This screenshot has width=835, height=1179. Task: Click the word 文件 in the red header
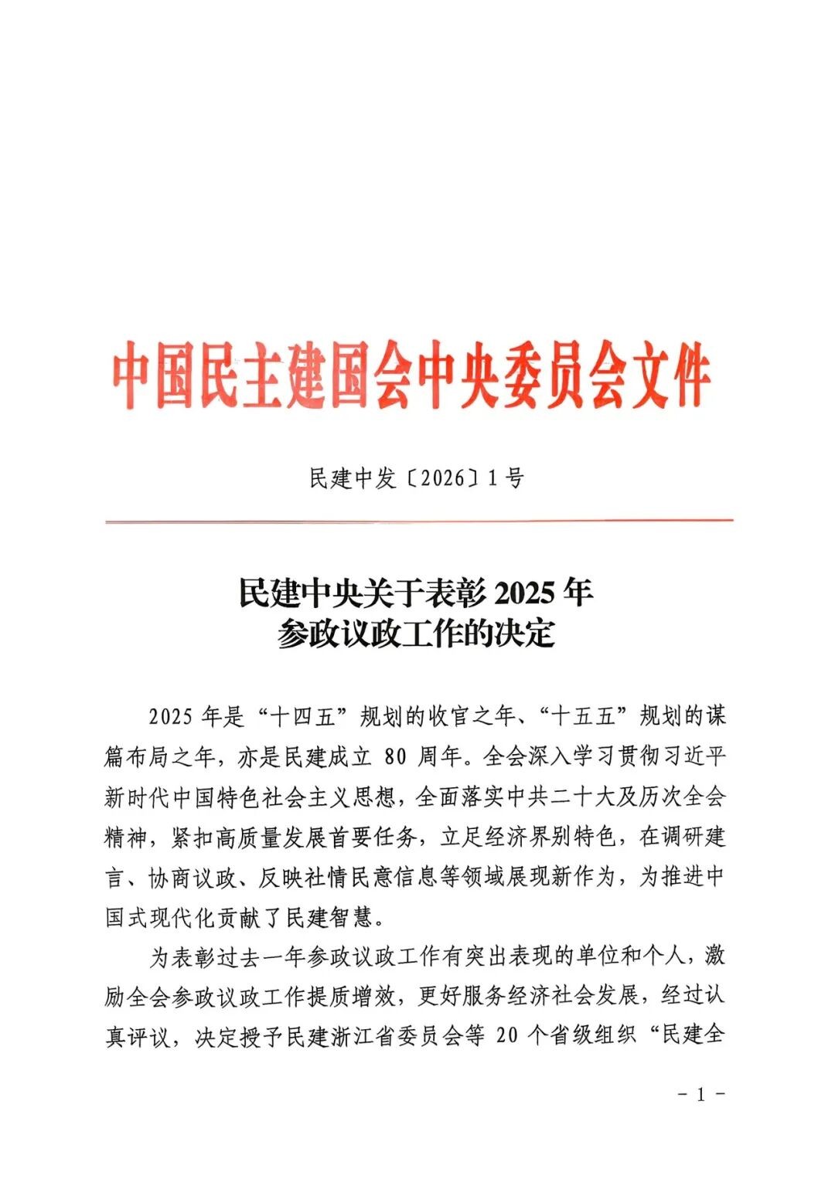[x=670, y=379]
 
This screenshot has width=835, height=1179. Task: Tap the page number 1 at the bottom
[x=701, y=1094]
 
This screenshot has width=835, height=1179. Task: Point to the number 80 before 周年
[x=395, y=756]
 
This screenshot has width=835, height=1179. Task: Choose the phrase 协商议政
[x=190, y=877]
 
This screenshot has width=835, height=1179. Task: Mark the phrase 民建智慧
[x=330, y=917]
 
